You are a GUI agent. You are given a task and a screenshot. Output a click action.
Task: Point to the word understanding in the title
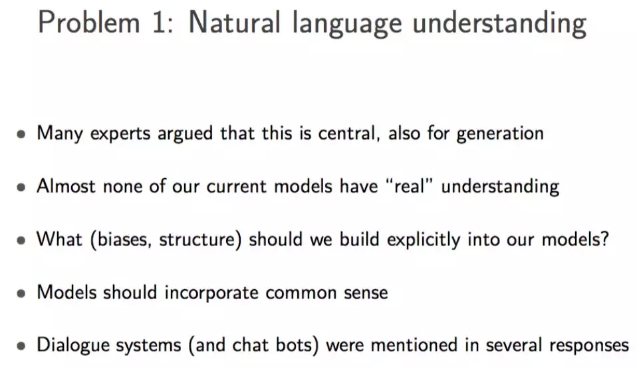tap(499, 23)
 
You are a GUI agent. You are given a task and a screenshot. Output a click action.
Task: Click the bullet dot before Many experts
tap(21, 134)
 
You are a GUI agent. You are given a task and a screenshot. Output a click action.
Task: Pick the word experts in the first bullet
tap(120, 134)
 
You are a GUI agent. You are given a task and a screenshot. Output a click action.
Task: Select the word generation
tap(500, 134)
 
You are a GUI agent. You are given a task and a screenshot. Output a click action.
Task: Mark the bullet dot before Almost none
tap(21, 187)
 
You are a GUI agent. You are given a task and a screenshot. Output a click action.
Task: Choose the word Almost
tap(66, 186)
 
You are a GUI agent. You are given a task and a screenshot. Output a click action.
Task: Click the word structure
tap(197, 240)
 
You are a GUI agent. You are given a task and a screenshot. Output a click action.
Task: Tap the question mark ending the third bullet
tap(605, 239)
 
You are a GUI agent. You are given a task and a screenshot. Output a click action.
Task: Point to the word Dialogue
tap(72, 346)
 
